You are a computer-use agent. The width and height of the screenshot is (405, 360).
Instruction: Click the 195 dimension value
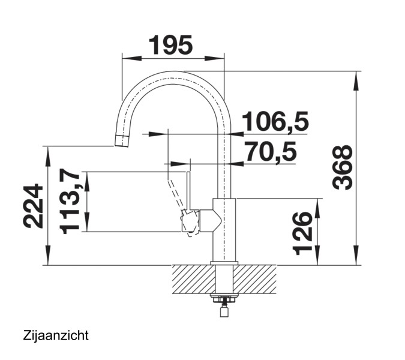pos(171,45)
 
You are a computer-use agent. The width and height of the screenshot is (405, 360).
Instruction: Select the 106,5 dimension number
pos(275,122)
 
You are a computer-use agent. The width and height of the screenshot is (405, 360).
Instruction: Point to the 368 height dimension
pos(342,167)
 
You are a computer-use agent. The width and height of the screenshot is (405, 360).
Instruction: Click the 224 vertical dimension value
pos(33,206)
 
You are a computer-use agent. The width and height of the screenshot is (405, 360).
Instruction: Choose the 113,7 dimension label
pos(69,201)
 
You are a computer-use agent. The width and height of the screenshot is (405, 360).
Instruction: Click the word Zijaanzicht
pos(56,335)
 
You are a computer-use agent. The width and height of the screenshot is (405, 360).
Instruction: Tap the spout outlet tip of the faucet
pos(121,141)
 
